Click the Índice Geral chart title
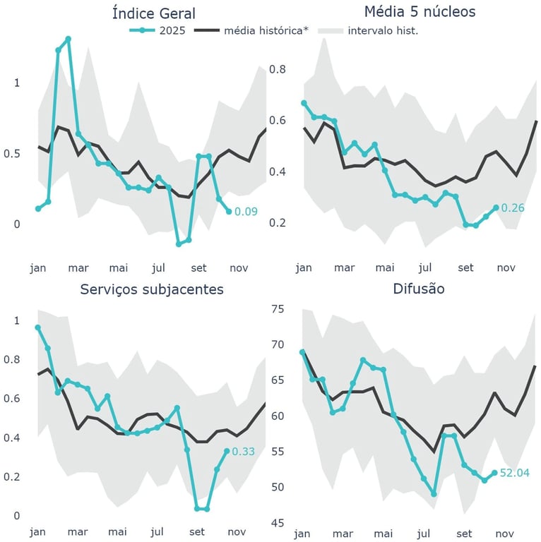(153, 13)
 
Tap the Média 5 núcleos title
(420, 11)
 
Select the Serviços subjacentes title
(152, 289)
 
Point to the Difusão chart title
(420, 289)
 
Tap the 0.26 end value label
(512, 208)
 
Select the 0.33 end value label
(244, 452)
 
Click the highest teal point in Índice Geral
(68, 39)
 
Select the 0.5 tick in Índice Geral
(13, 154)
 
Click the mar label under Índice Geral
(78, 268)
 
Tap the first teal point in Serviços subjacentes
(38, 327)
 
